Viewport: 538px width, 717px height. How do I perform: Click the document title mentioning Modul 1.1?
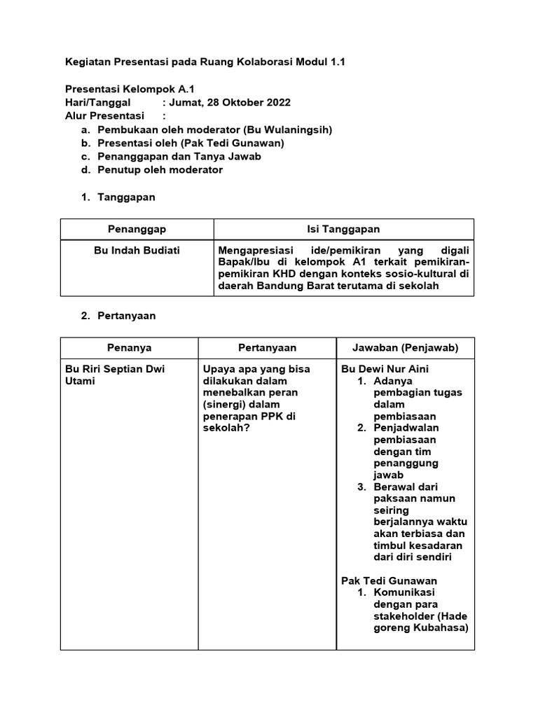pos(205,62)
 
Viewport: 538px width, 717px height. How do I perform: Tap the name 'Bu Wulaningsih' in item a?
pos(289,130)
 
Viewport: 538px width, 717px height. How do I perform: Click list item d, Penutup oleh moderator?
pos(160,169)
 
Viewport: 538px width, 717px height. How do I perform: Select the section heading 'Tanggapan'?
pos(126,197)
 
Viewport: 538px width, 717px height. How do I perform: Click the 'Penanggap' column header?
pos(137,229)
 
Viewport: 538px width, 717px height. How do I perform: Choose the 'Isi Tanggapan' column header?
pos(343,229)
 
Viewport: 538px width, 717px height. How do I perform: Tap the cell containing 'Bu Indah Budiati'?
pos(137,250)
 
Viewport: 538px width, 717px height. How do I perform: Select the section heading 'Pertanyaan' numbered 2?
pos(126,315)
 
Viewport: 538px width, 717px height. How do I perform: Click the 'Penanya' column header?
pos(129,347)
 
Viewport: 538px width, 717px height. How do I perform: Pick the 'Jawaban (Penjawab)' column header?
pos(406,347)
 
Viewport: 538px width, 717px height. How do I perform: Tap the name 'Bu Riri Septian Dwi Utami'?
pos(114,375)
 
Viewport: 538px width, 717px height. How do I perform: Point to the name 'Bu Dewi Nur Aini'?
pos(385,369)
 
